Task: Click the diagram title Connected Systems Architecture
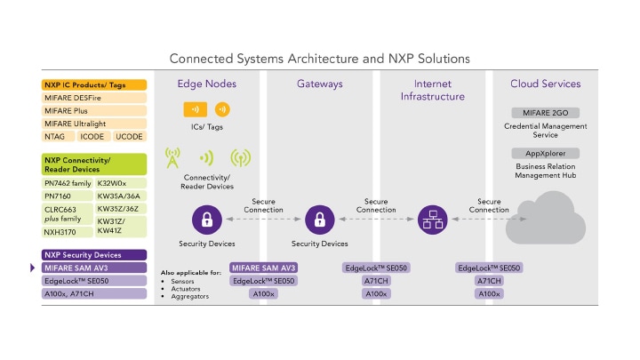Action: (x=319, y=59)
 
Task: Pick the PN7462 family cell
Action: (x=67, y=182)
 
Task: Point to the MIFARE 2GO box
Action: (x=546, y=113)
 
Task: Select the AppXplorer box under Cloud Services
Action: (x=546, y=153)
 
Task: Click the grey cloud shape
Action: (x=546, y=219)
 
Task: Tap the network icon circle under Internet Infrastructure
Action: (x=432, y=219)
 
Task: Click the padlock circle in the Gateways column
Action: (x=319, y=219)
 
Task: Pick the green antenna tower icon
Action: (x=172, y=159)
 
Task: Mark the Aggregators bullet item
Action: (x=189, y=295)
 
